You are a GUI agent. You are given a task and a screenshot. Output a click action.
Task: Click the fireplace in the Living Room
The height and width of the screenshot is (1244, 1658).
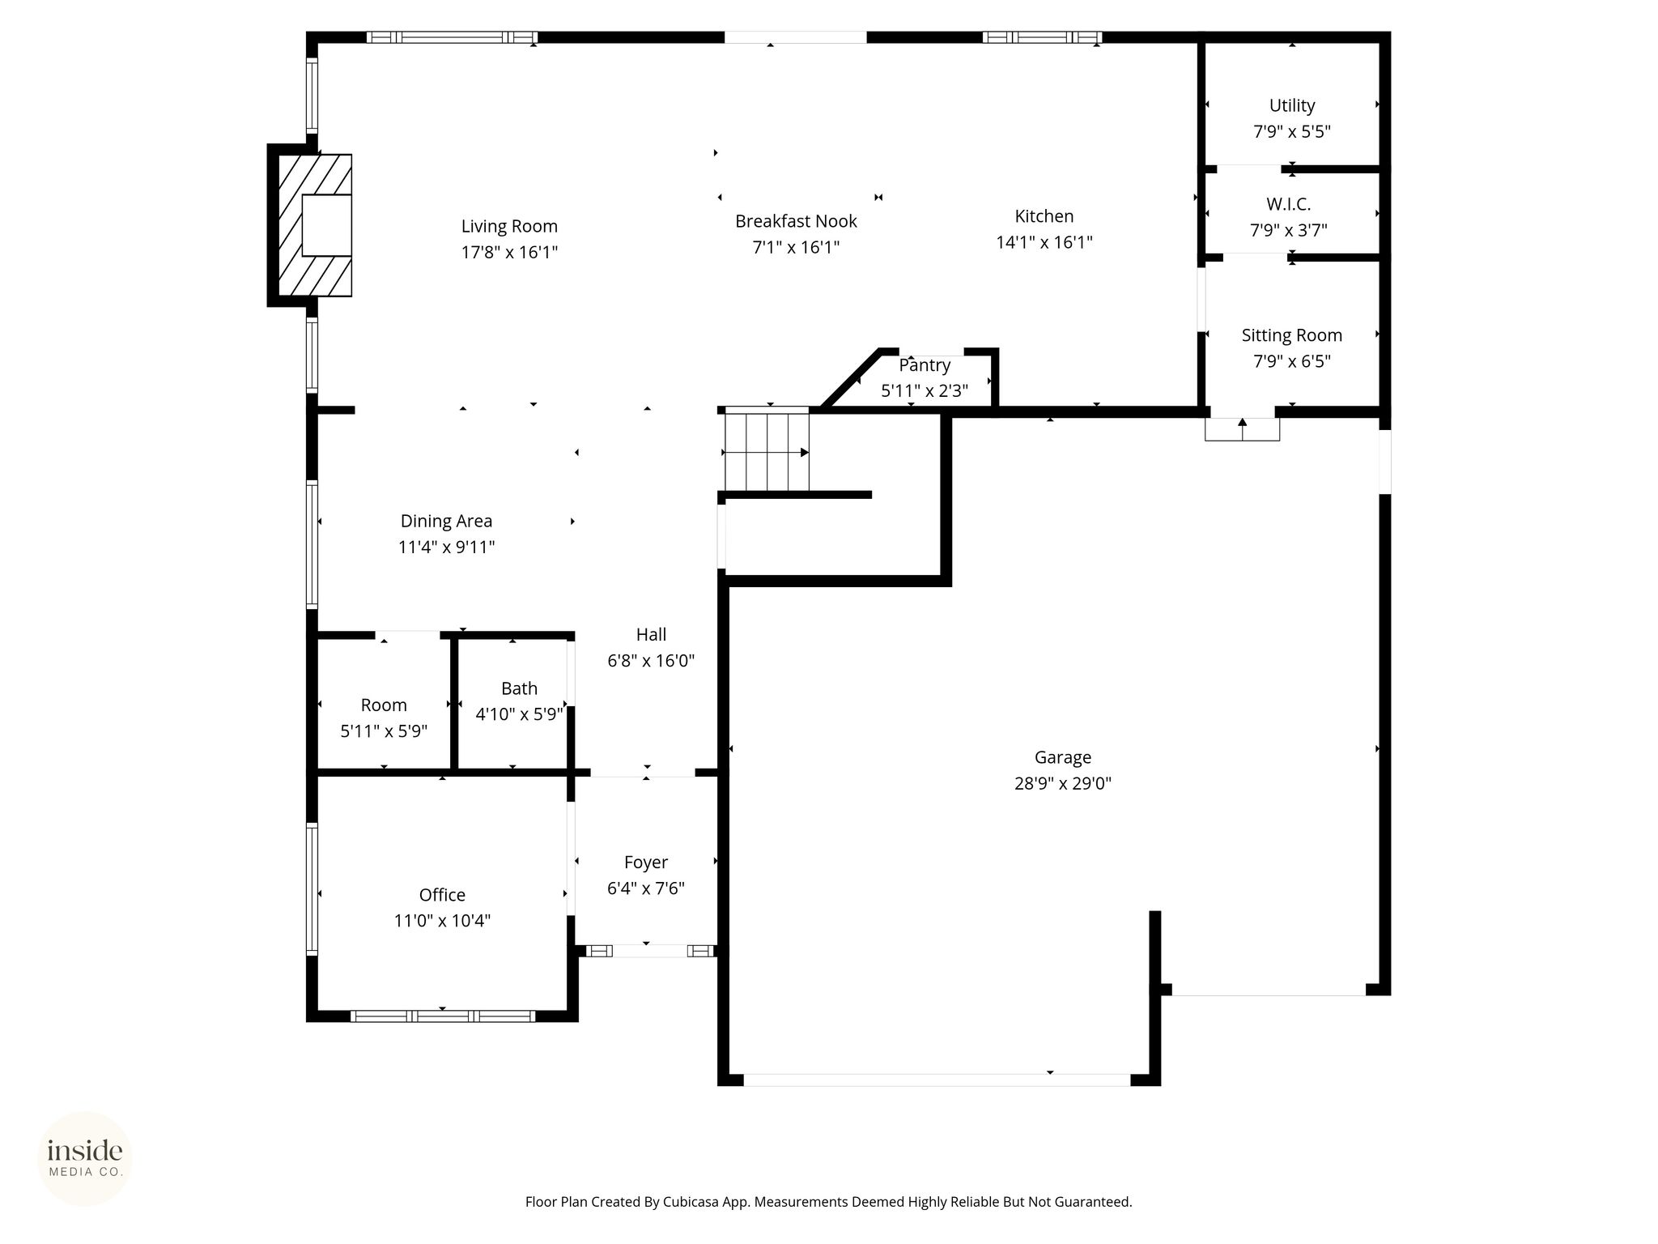point(315,225)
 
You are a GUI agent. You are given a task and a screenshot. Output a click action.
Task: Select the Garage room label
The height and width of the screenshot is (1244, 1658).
point(1062,757)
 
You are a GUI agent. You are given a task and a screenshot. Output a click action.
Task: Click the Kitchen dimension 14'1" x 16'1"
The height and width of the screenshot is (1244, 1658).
point(1044,242)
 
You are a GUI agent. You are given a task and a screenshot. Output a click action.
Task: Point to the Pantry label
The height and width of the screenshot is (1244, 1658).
point(925,365)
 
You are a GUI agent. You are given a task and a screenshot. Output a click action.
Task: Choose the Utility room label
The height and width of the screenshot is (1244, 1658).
point(1292,105)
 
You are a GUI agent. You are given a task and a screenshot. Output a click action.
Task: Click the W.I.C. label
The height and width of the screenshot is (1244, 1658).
point(1289,204)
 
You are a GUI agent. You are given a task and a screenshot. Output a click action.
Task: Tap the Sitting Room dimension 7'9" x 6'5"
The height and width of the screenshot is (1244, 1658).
point(1292,361)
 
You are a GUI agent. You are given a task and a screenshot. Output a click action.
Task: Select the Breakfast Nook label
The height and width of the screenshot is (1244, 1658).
point(796,221)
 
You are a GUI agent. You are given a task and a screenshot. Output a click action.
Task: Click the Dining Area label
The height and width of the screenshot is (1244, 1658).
point(446,521)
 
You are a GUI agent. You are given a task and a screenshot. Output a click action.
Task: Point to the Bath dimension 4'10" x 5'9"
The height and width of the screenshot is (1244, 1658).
point(519,714)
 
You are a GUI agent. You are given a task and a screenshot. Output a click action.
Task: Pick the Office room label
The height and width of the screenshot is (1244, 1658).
point(442,895)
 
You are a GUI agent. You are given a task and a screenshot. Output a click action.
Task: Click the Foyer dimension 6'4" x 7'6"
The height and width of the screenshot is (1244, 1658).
point(646,888)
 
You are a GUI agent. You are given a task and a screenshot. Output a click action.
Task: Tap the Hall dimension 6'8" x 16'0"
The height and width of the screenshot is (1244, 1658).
point(651,661)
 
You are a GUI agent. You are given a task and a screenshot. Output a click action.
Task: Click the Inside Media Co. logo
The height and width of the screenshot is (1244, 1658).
point(85,1159)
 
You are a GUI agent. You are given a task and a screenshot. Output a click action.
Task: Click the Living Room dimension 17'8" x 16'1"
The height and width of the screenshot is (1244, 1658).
point(509,252)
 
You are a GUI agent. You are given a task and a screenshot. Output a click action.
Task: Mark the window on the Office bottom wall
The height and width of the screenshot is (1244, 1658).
point(443,1016)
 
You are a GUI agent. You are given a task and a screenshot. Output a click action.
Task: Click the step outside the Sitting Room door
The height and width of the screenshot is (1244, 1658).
point(1242,429)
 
